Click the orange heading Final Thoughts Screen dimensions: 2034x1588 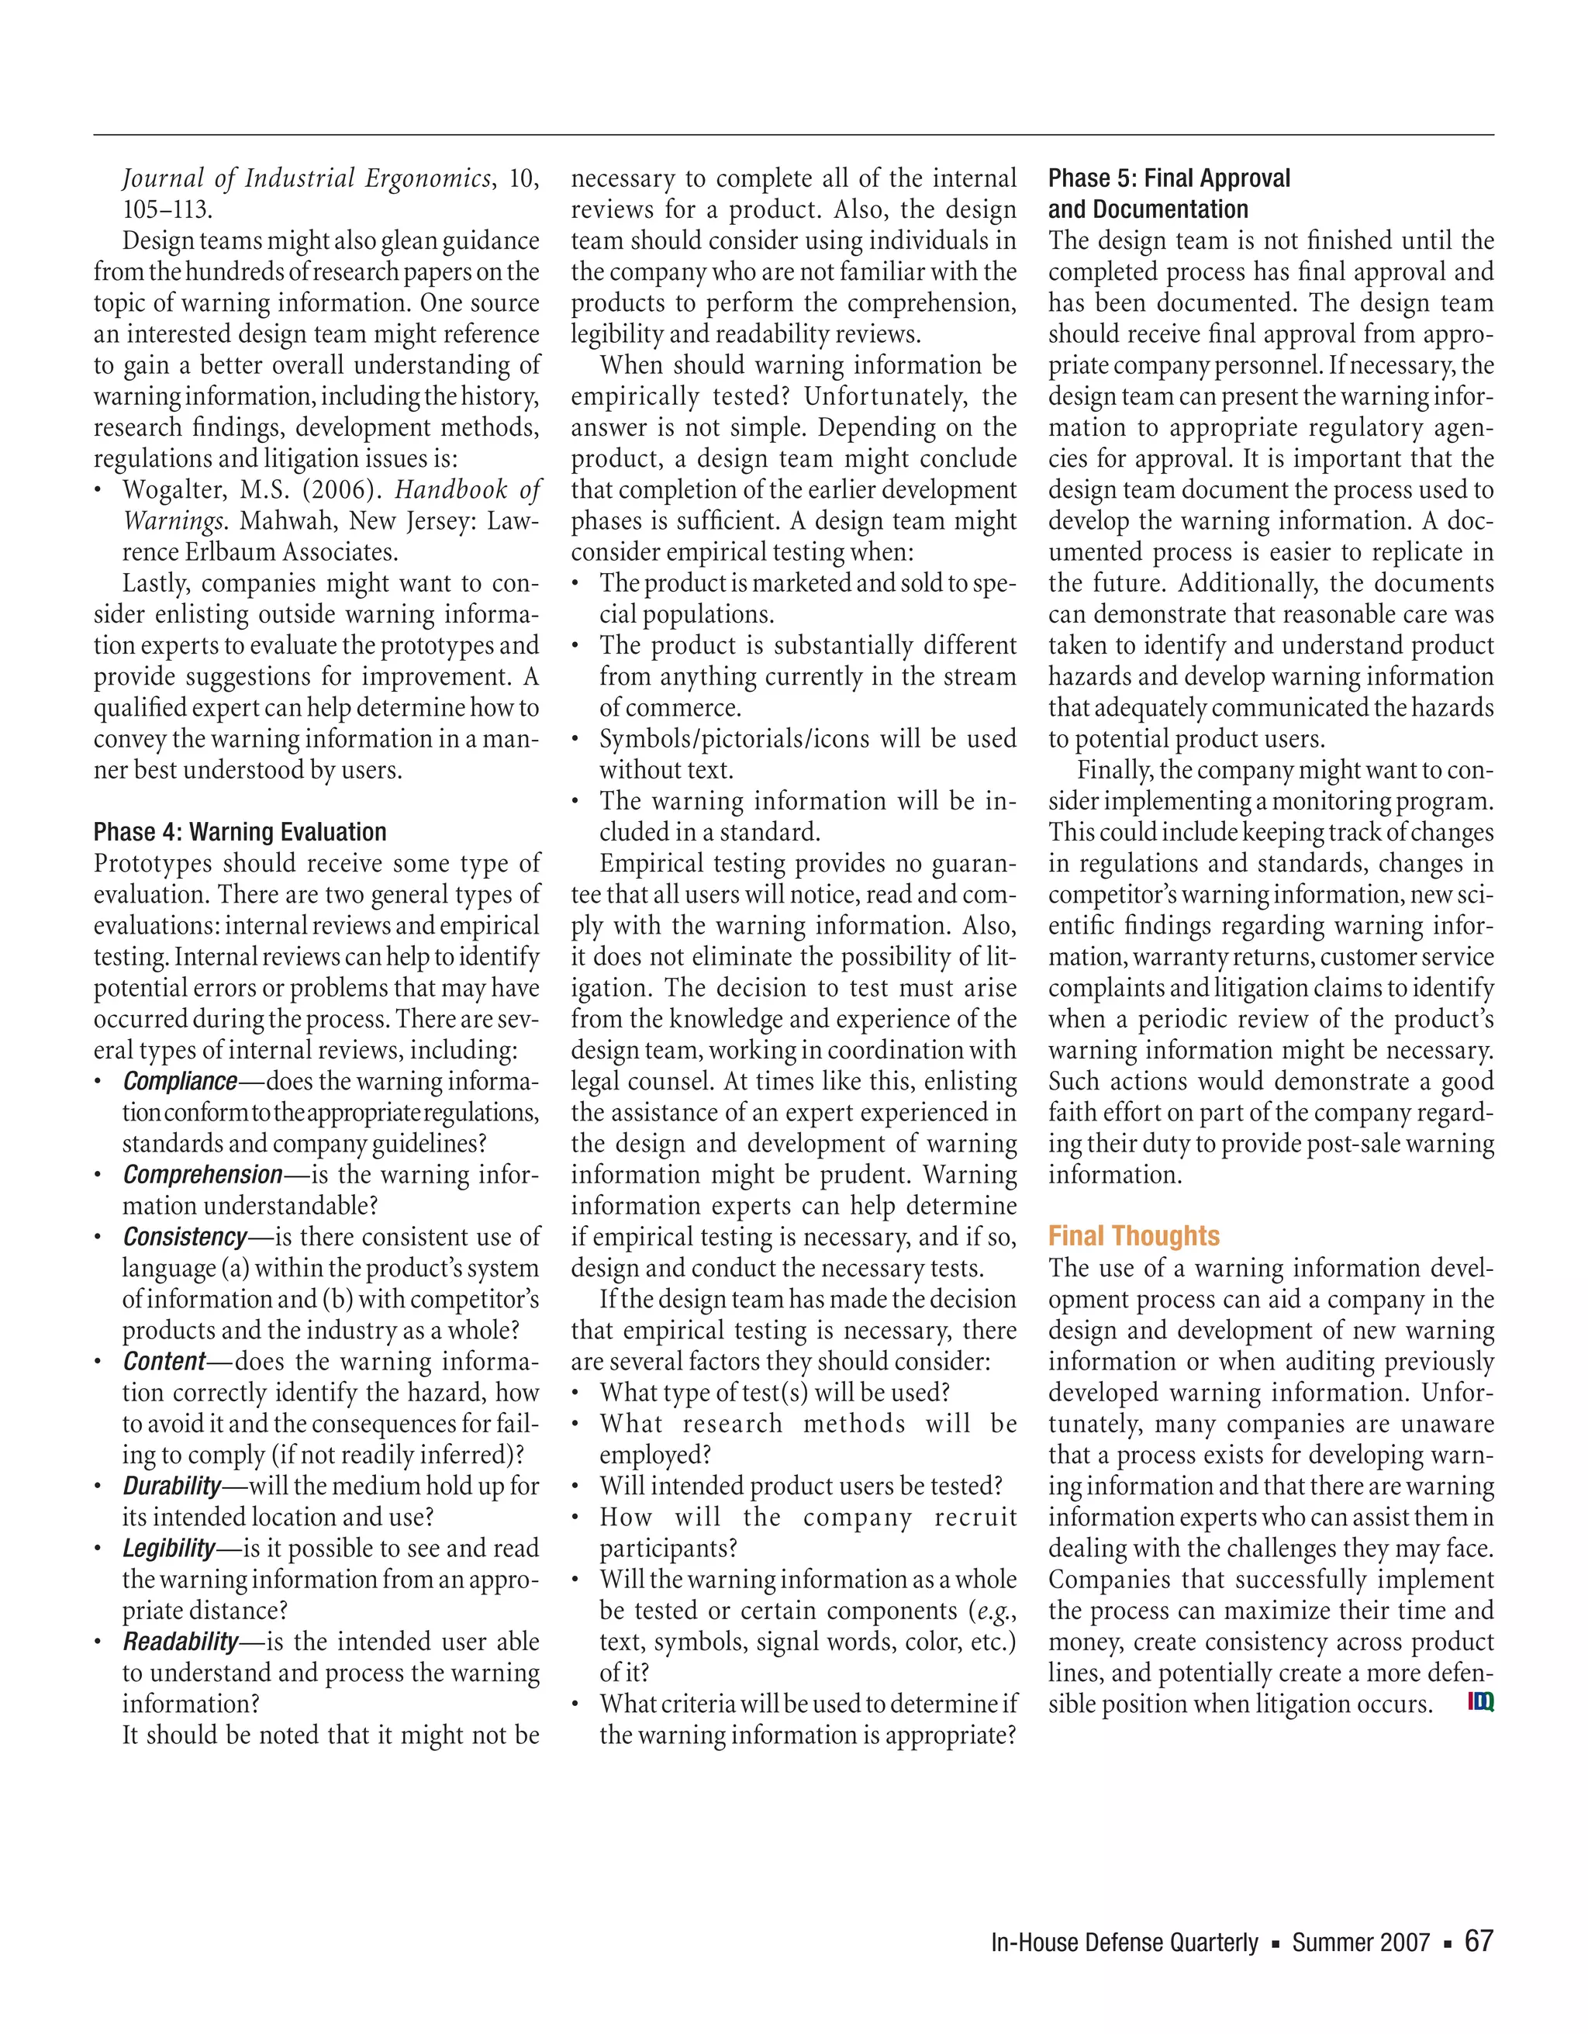click(1134, 1236)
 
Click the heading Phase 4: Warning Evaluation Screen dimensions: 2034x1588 click(240, 831)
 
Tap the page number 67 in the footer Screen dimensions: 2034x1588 click(1479, 1941)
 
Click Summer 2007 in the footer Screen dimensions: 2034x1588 click(1360, 1942)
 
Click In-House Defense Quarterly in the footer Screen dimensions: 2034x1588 click(1124, 1942)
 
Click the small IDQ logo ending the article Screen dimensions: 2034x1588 click(1481, 1702)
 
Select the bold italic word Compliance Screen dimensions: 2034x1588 click(180, 1081)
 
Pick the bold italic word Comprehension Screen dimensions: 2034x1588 click(202, 1174)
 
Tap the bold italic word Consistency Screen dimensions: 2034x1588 click(185, 1237)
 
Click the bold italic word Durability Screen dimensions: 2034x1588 click(171, 1486)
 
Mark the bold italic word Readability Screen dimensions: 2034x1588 click(180, 1641)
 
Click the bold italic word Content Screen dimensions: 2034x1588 click(163, 1362)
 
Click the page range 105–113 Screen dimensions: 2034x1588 click(167, 209)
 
